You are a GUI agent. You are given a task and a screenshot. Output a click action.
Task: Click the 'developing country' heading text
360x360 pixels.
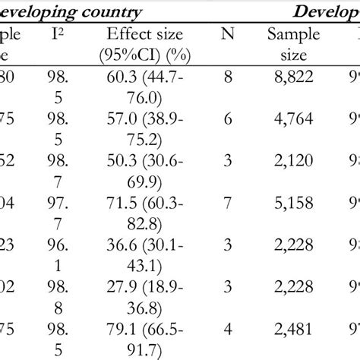(71, 11)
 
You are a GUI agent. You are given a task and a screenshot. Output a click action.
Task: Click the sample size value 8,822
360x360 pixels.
(292, 78)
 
